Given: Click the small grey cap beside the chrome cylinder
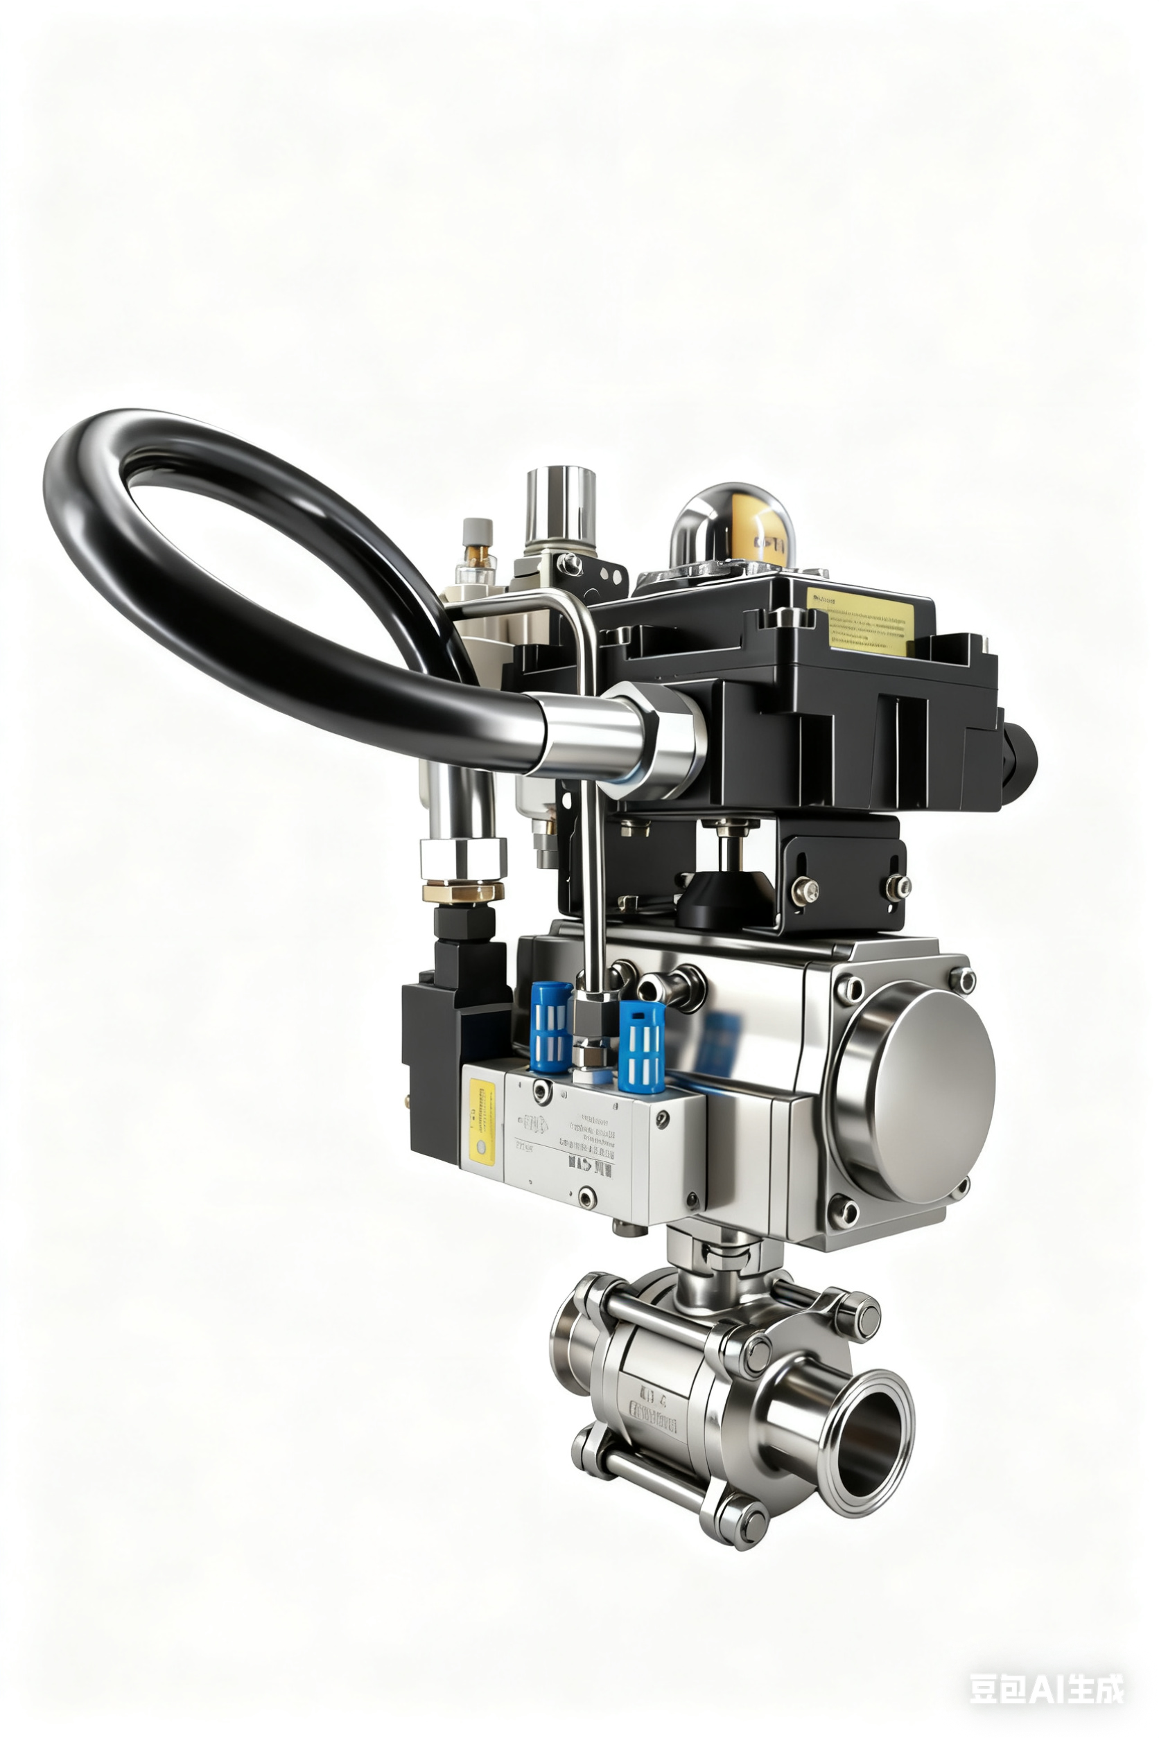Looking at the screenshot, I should (477, 533).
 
